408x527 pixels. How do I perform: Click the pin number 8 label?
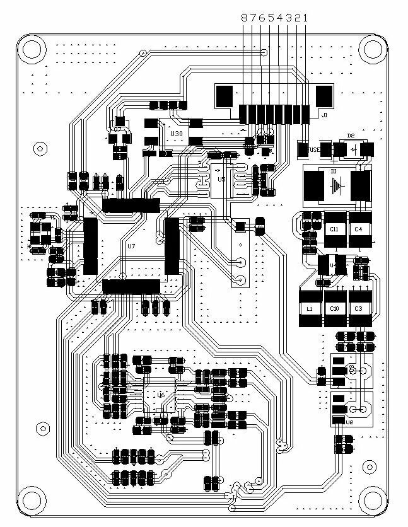point(245,18)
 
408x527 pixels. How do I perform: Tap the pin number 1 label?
point(306,18)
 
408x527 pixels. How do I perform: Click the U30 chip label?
point(177,134)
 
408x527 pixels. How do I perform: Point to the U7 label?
point(131,246)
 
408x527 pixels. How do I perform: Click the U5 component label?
point(221,180)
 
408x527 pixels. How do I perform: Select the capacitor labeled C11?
point(334,229)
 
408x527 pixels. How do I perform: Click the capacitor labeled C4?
point(358,229)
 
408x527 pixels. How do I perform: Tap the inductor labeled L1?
point(310,309)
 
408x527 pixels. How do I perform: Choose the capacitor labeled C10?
point(334,309)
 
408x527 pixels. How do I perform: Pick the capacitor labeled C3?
point(358,309)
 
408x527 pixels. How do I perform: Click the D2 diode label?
point(351,136)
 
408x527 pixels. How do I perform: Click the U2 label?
point(351,422)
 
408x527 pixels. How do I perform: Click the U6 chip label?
point(161,395)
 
